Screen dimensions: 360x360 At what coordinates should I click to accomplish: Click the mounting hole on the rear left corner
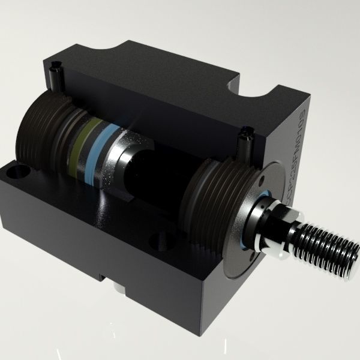14,174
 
